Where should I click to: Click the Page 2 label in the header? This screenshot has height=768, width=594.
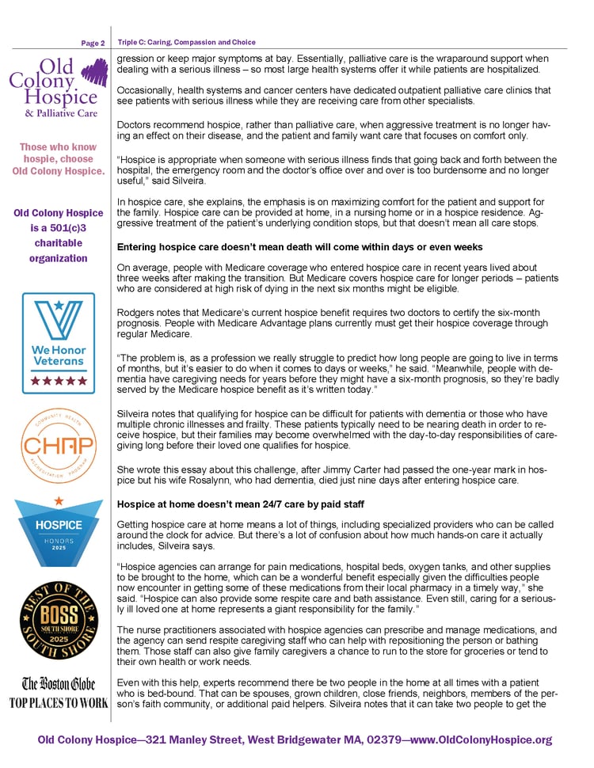tap(93, 43)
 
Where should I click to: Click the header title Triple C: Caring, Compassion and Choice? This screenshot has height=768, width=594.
tap(186, 42)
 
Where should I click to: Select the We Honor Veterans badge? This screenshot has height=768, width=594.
tap(59, 343)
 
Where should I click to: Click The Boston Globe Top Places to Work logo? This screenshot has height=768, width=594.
tap(58, 692)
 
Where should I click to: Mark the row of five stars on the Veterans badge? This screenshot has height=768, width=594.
tap(59, 381)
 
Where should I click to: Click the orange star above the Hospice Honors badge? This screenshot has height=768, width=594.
tap(59, 501)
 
